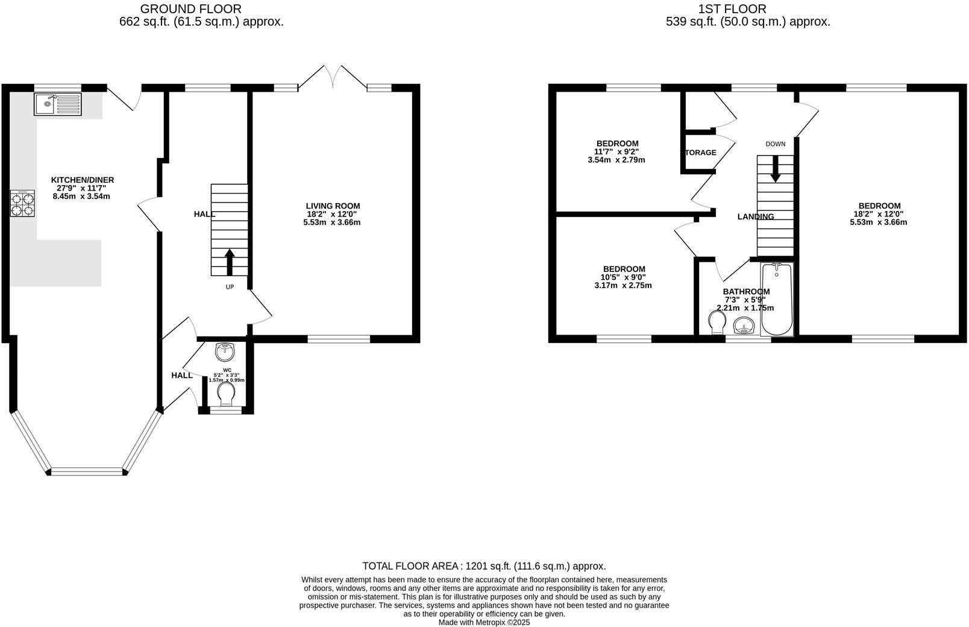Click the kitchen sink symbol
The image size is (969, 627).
57,104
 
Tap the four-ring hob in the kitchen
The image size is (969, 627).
22,204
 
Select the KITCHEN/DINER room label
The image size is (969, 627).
82,180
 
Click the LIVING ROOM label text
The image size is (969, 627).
333,206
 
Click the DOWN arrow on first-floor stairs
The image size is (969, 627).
775,169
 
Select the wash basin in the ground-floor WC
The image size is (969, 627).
225,350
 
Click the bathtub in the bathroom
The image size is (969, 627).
777,299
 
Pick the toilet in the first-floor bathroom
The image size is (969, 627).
717,321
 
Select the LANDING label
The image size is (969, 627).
756,217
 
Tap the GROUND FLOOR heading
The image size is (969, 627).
190,9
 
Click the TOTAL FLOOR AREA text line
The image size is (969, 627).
484,566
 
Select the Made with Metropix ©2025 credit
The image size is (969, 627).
484,622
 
